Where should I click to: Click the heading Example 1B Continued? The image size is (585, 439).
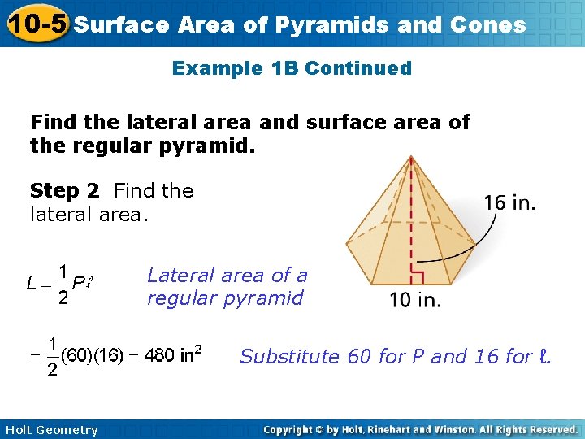292,68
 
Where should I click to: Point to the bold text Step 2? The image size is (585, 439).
64,191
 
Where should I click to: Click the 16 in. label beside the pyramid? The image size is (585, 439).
509,202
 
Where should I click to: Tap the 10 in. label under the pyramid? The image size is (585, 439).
415,300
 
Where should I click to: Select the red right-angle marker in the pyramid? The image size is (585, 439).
417,269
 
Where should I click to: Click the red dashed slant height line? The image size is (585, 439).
412,211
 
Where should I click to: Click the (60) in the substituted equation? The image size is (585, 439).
76,356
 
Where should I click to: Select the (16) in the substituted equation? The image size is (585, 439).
110,356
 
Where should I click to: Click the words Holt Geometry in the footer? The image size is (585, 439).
50,430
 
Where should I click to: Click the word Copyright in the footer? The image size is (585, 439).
291,429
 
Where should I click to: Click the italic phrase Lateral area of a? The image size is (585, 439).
227,276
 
